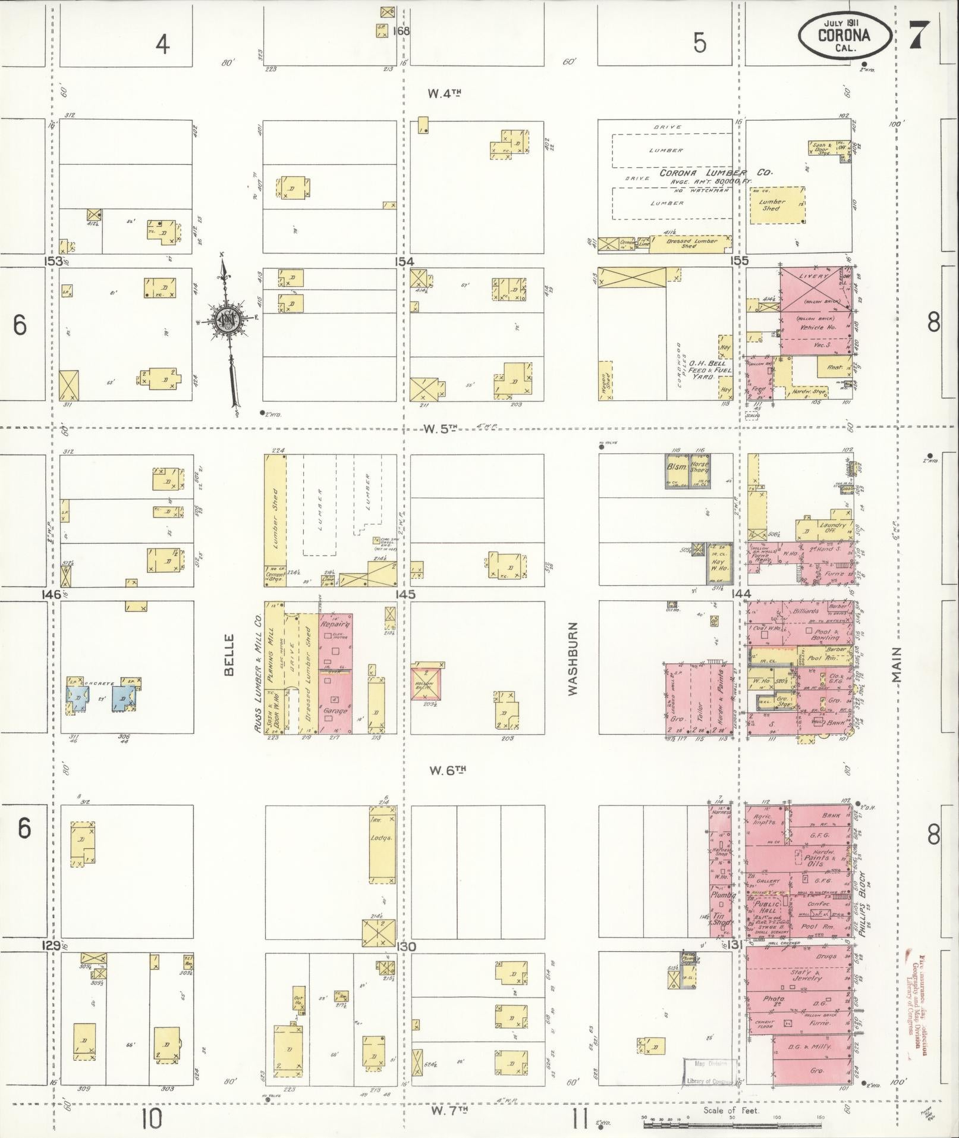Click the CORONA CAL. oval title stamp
tap(844, 35)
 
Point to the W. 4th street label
tap(445, 93)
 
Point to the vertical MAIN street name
tap(897, 664)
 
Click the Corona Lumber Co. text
tap(714, 173)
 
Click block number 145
tap(407, 594)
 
